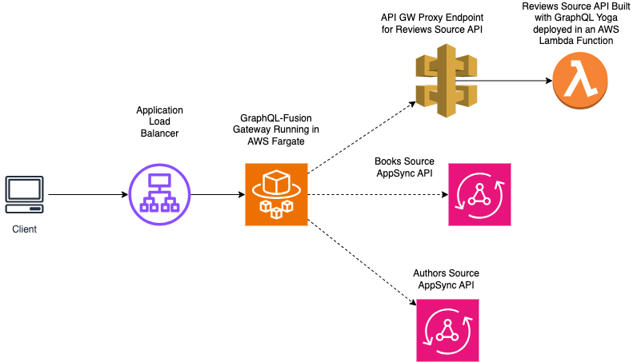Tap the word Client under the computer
(24, 229)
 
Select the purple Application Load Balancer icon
(159, 194)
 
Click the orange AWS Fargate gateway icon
(276, 194)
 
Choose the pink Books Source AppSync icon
(479, 194)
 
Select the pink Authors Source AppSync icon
(447, 330)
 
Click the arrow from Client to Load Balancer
(88, 194)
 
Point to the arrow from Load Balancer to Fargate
(218, 194)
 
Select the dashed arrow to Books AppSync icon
(376, 194)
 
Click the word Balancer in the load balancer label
(159, 133)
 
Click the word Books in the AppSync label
(388, 161)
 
